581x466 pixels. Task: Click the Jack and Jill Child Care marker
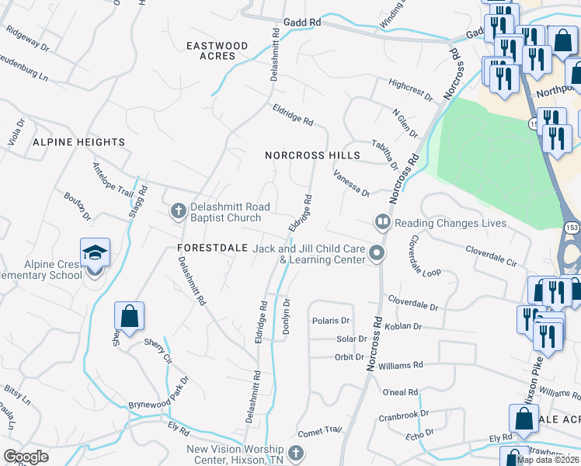[377, 254]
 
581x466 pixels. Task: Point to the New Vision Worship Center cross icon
[294, 454]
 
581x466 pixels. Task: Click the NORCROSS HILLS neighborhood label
[312, 155]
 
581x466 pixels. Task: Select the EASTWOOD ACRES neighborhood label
[217, 51]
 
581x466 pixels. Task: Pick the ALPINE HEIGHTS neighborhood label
[78, 142]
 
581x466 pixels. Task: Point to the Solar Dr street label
[351, 339]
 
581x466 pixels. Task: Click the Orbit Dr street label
[350, 357]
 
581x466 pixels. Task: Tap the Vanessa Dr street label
[351, 185]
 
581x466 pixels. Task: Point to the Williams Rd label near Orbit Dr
[401, 364]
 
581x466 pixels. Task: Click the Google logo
[26, 457]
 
